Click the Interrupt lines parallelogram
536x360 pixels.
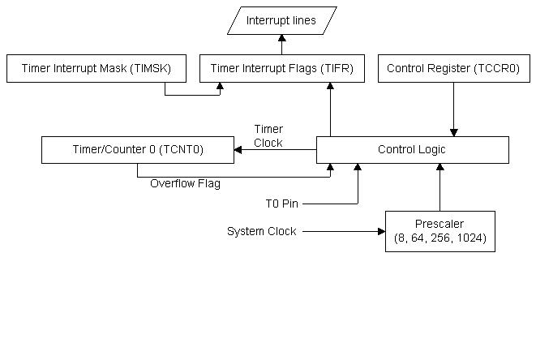[281, 21]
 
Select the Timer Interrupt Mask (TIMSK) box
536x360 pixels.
[96, 69]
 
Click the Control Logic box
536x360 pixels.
[412, 150]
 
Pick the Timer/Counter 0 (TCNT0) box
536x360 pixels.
[137, 150]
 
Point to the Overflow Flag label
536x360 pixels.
[186, 183]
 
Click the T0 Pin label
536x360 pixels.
[283, 202]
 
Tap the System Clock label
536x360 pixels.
[261, 232]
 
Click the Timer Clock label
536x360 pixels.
[268, 136]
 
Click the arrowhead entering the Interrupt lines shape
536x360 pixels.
[281, 38]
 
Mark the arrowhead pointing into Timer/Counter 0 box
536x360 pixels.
[238, 150]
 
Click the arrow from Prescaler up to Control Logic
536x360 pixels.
[440, 187]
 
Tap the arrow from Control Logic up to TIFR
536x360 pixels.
[330, 109]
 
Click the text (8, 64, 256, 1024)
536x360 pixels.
[440, 238]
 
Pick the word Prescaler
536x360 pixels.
[440, 225]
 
